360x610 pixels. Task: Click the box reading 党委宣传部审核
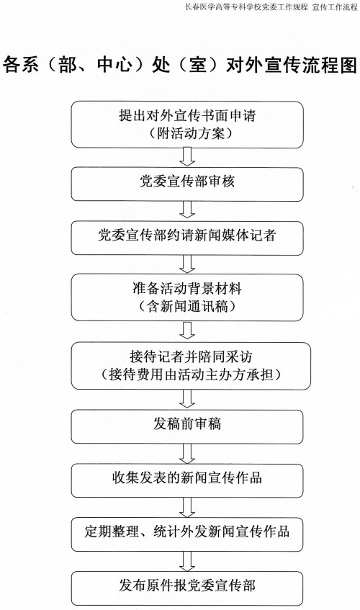point(187,184)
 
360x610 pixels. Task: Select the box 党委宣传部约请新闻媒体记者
point(187,238)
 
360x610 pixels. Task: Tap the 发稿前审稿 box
point(187,427)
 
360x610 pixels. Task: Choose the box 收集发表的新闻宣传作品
point(187,480)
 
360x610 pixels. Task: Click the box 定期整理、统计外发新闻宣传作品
point(187,534)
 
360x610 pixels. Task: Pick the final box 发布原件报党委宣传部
point(187,588)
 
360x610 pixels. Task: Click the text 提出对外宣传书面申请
point(187,115)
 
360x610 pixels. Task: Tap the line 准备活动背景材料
point(187,289)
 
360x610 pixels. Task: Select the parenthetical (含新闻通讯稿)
point(187,307)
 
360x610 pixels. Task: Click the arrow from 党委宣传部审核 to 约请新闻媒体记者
point(187,211)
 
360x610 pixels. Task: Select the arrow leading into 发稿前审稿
point(187,400)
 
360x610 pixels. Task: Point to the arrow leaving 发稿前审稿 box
point(187,454)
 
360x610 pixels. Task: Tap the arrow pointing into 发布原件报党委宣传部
point(187,561)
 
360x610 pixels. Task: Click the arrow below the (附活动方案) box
point(187,158)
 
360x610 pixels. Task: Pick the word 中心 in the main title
point(113,65)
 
